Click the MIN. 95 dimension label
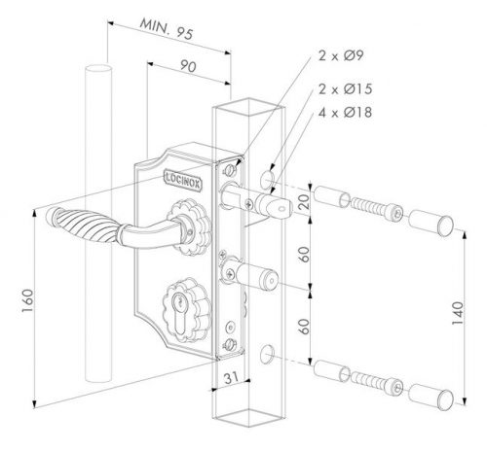click(167, 29)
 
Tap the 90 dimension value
click(188, 66)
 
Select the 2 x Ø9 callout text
click(341, 55)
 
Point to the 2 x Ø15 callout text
click(345, 89)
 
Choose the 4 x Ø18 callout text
click(345, 113)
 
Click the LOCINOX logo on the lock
click(183, 180)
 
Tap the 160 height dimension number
click(28, 300)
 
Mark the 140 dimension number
click(458, 313)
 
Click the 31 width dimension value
click(231, 377)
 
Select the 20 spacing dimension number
click(304, 201)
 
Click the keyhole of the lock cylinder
click(178, 314)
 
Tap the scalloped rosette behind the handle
click(189, 227)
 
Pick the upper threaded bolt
click(377, 209)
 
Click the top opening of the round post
click(98, 70)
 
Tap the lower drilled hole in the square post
click(267, 354)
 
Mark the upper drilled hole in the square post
click(267, 179)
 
